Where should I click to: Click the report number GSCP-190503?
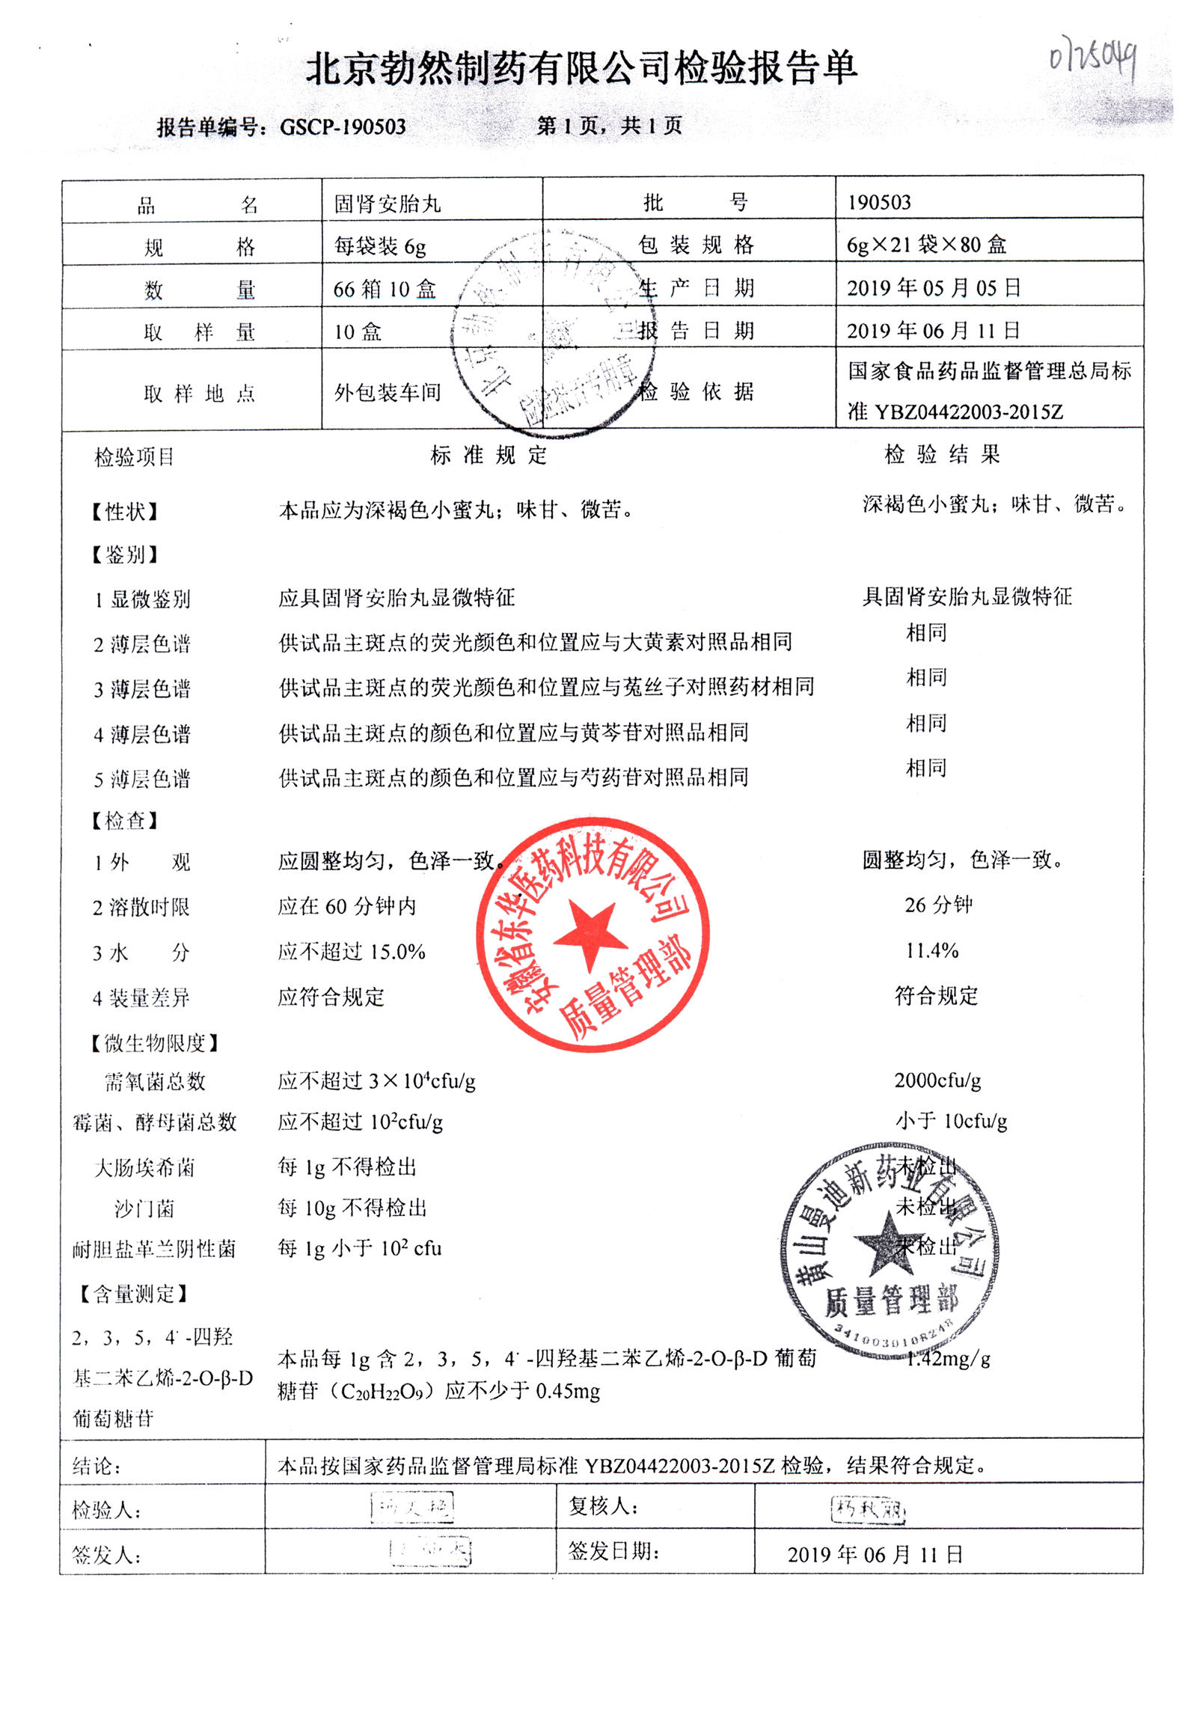click(x=343, y=126)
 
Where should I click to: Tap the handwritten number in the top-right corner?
click(x=1092, y=58)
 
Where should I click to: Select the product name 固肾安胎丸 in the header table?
click(x=387, y=204)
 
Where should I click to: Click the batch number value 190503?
click(x=879, y=202)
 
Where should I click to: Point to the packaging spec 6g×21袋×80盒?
click(x=926, y=245)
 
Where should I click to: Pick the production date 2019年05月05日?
click(x=933, y=288)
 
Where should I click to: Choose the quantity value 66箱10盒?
click(x=385, y=290)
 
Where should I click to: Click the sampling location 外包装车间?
click(x=388, y=392)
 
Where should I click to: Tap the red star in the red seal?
click(x=590, y=935)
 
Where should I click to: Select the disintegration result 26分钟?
click(x=938, y=905)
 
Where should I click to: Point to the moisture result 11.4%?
click(x=932, y=950)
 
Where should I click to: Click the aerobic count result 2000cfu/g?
click(x=937, y=1080)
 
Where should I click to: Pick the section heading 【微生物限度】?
click(x=155, y=1042)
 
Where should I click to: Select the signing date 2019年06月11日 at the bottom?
click(x=875, y=1555)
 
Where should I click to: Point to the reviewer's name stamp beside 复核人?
click(x=869, y=1508)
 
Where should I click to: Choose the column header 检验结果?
click(x=941, y=454)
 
